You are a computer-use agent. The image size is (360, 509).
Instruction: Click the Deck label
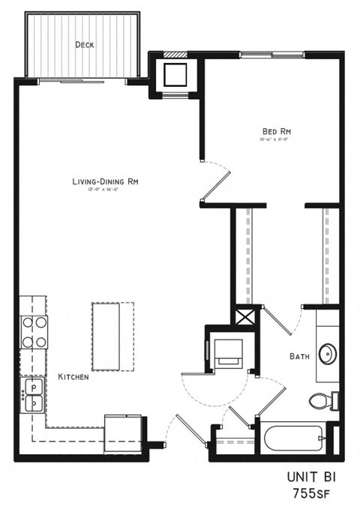(84, 45)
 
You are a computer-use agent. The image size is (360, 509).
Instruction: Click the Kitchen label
(73, 376)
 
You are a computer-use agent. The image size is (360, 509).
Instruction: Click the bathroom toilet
(323, 402)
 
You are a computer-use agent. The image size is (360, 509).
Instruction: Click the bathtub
(288, 439)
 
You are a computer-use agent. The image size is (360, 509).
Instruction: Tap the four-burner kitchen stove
(34, 332)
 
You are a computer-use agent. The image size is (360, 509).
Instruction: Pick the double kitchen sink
(33, 394)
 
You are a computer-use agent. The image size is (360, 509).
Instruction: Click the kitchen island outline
(112, 336)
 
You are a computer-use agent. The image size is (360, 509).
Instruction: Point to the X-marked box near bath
(245, 316)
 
